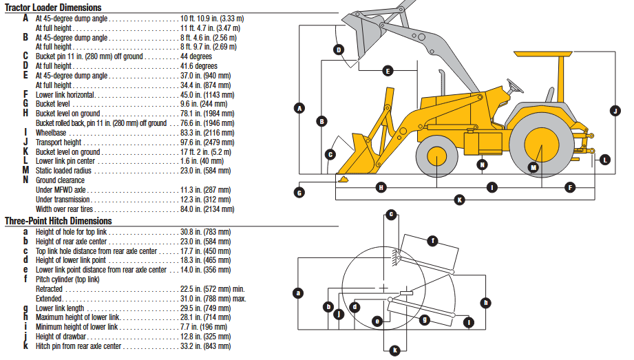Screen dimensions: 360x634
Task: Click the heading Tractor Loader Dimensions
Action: (x=53, y=8)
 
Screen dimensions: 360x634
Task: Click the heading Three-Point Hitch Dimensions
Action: (x=58, y=221)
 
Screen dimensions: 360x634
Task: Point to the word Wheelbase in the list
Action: (x=52, y=132)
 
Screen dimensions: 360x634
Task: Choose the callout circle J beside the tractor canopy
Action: (x=615, y=110)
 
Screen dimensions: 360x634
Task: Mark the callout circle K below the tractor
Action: (x=460, y=200)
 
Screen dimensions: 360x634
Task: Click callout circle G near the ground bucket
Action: (x=299, y=193)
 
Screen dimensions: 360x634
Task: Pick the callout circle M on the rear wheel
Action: (x=533, y=167)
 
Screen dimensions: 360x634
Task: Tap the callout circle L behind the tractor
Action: (x=604, y=160)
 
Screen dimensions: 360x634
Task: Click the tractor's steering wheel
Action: (x=514, y=86)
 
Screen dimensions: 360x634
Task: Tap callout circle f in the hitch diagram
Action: (x=432, y=241)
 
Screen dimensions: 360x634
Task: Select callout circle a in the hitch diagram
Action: (x=298, y=293)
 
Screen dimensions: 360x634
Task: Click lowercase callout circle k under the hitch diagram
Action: (x=394, y=350)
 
